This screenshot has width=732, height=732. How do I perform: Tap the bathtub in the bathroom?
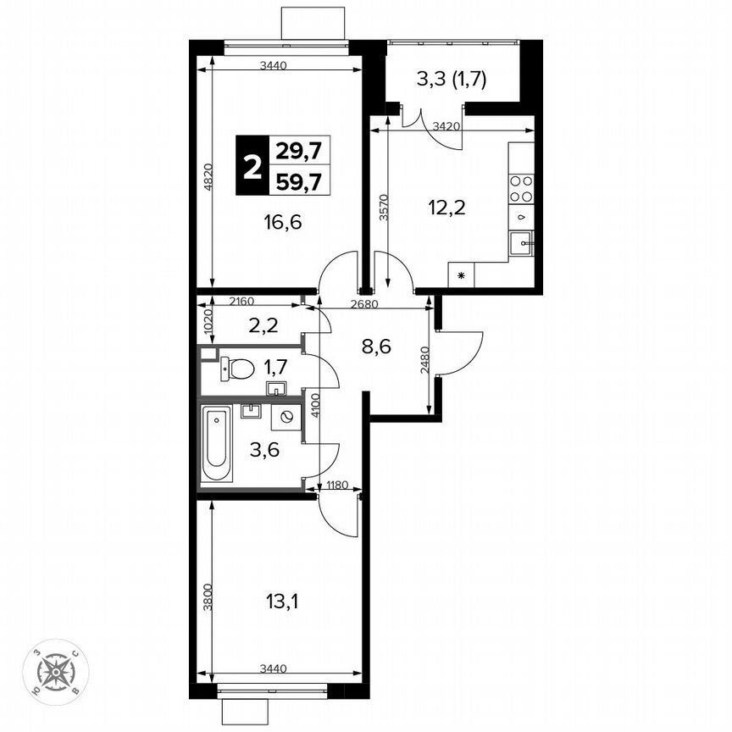tap(217, 445)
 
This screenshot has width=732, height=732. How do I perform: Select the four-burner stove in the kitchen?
tap(522, 189)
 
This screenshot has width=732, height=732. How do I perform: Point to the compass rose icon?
tap(56, 672)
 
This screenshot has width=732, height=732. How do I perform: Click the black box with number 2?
tap(252, 166)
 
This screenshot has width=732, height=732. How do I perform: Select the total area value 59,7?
tap(299, 180)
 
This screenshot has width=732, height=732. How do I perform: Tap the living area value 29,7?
tap(299, 151)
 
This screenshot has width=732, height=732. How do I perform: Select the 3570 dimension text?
tap(383, 208)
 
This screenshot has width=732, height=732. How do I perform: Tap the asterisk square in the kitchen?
tap(461, 275)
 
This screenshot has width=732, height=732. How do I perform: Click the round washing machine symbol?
tap(287, 417)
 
